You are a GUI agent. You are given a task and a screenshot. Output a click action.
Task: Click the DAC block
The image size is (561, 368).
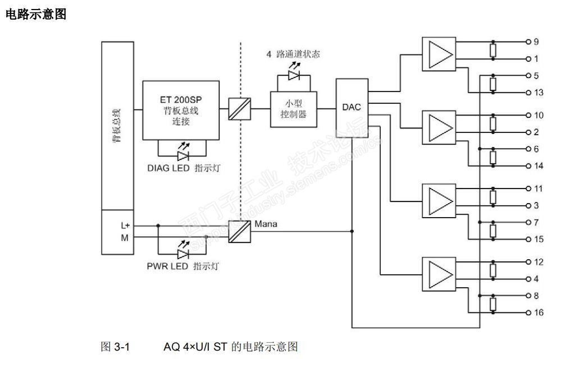[352, 108]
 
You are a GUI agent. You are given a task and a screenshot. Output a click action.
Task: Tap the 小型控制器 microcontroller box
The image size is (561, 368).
[294, 108]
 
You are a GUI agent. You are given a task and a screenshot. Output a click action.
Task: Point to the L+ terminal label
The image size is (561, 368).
[126, 225]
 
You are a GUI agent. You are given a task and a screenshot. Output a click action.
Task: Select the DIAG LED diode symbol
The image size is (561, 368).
[183, 155]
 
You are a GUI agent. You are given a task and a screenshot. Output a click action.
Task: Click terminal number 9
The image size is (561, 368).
[536, 42]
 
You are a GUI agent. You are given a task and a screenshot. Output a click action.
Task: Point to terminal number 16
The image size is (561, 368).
[538, 312]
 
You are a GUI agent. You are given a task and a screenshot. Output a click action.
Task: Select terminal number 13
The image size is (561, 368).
[538, 93]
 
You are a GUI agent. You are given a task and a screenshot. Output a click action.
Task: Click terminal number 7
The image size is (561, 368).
[536, 222]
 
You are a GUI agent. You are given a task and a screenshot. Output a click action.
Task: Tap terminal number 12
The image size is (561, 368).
[538, 262]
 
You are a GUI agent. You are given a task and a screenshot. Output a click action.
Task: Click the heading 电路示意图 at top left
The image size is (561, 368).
[35, 15]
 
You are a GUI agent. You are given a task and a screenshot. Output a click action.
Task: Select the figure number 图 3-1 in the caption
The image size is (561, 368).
[114, 347]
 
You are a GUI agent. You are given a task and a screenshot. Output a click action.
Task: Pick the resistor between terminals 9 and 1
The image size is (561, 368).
[492, 50]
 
